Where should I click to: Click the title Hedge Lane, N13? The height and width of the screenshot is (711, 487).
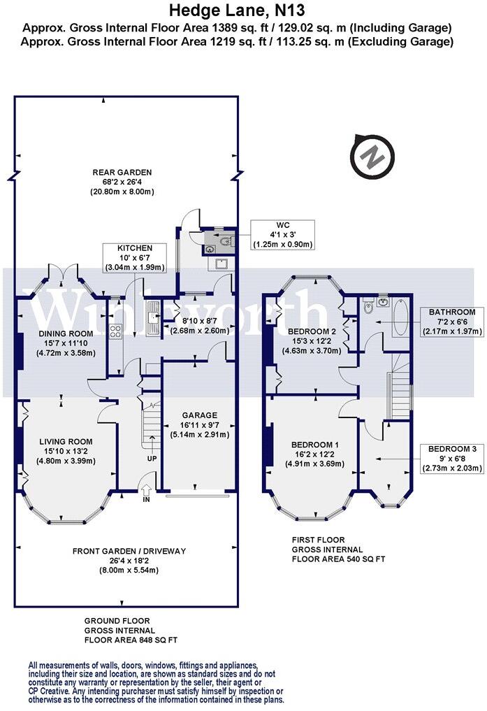(238, 10)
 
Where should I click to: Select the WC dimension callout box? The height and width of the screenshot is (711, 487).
(283, 234)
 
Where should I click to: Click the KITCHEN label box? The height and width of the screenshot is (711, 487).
(134, 258)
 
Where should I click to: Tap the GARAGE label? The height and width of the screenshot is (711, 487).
(195, 424)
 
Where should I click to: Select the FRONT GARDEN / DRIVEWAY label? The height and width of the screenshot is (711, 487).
(129, 560)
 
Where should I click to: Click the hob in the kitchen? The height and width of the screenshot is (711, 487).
(115, 332)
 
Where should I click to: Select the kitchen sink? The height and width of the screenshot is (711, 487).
(151, 318)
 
